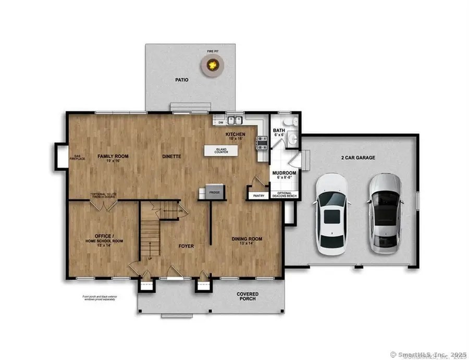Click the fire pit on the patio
point(212,65)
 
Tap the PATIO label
point(181,80)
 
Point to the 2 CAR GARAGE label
point(357,157)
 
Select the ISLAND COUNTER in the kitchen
point(221,151)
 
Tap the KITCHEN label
point(236,134)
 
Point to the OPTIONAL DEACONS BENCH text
point(284,195)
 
